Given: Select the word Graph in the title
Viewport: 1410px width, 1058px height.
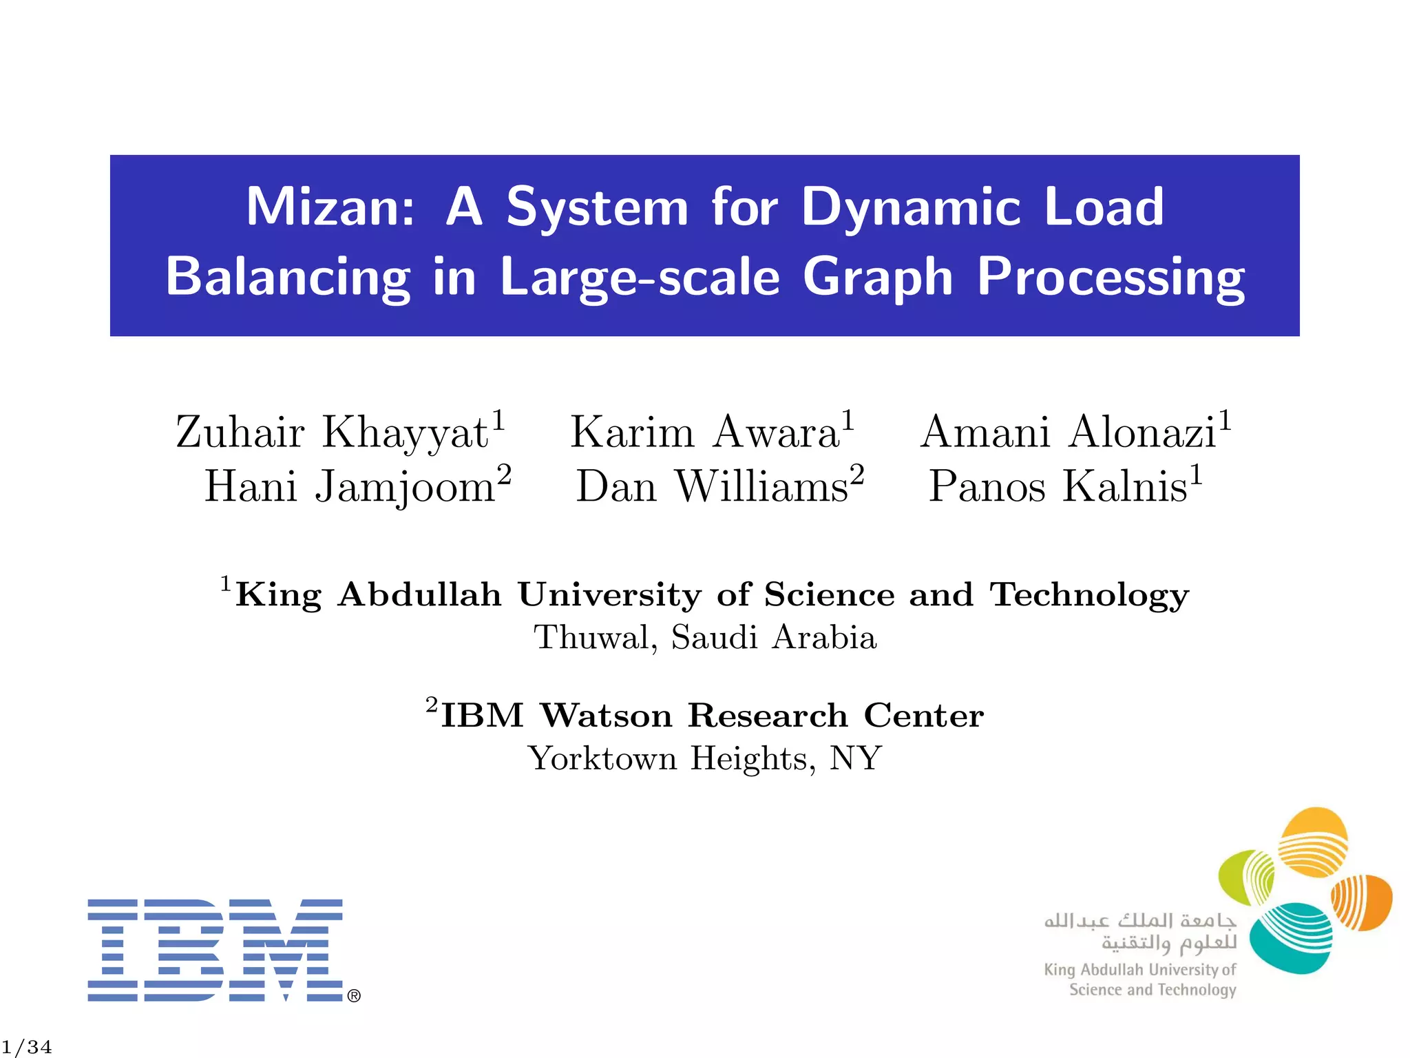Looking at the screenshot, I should click(x=878, y=278).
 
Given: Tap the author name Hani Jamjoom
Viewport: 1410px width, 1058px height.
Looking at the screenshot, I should click(x=350, y=486).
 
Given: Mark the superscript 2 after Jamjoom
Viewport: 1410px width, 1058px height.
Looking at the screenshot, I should click(x=505, y=474).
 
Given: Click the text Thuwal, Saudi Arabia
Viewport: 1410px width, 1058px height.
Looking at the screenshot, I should click(x=705, y=637).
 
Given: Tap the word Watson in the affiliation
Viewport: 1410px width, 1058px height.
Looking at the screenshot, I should click(x=606, y=716).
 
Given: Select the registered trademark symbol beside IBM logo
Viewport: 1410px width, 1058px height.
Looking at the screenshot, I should click(x=354, y=996).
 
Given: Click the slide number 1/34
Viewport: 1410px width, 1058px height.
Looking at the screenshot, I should click(x=27, y=1047).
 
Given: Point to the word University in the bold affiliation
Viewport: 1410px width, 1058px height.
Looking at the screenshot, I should click(x=609, y=594).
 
